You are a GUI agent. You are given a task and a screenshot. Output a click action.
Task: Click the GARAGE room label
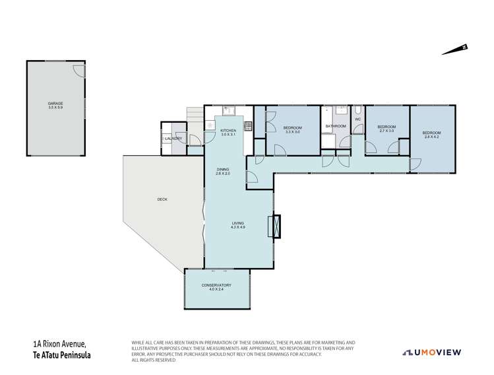55,104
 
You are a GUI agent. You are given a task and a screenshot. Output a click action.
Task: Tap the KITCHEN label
228,131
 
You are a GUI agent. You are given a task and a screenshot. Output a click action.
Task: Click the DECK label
162,199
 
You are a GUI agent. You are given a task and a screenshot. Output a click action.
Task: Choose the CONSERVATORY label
216,285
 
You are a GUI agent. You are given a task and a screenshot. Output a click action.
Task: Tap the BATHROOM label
335,126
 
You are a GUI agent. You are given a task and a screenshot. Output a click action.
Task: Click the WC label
357,120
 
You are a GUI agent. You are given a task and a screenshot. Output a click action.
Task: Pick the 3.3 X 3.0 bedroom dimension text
292,132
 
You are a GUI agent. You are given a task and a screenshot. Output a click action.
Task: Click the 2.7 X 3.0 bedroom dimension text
386,131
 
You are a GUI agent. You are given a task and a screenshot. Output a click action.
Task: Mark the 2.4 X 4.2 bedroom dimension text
432,137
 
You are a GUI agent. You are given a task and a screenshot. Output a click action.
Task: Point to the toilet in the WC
357,111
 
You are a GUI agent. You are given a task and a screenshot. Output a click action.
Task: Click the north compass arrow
455,50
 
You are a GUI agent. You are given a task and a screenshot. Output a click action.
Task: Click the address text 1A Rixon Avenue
59,344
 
